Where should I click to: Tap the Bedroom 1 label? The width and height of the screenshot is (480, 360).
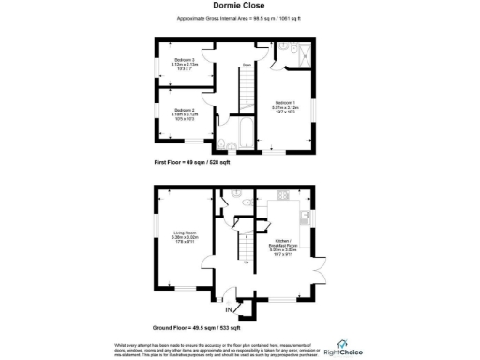click(285, 107)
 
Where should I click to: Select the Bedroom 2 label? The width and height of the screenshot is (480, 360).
click(185, 113)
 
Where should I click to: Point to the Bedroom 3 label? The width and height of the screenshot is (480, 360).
click(183, 65)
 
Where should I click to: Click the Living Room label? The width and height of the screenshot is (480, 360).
click(183, 238)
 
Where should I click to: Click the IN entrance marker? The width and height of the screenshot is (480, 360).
click(228, 308)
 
